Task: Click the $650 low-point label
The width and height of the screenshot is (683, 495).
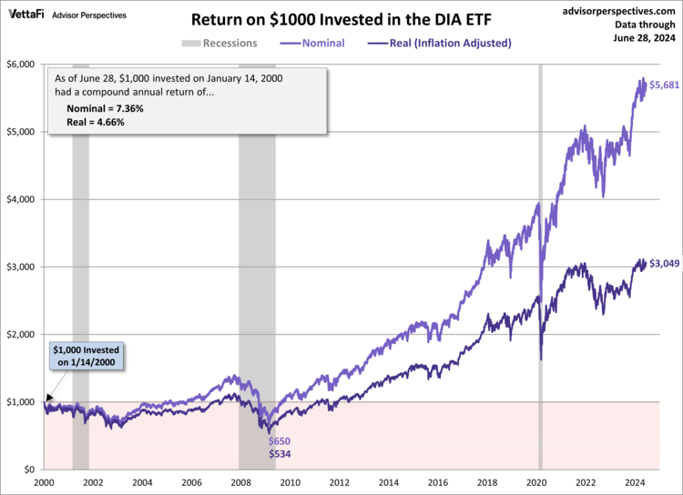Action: point(279,441)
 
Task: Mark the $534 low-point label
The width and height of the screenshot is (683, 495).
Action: point(279,453)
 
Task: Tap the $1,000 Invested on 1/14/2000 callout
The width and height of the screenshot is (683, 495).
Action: point(86,356)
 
